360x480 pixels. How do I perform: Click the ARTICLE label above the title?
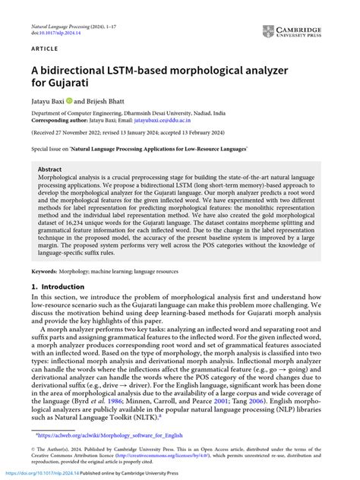pos(46,47)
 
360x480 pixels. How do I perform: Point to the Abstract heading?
pos(50,170)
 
